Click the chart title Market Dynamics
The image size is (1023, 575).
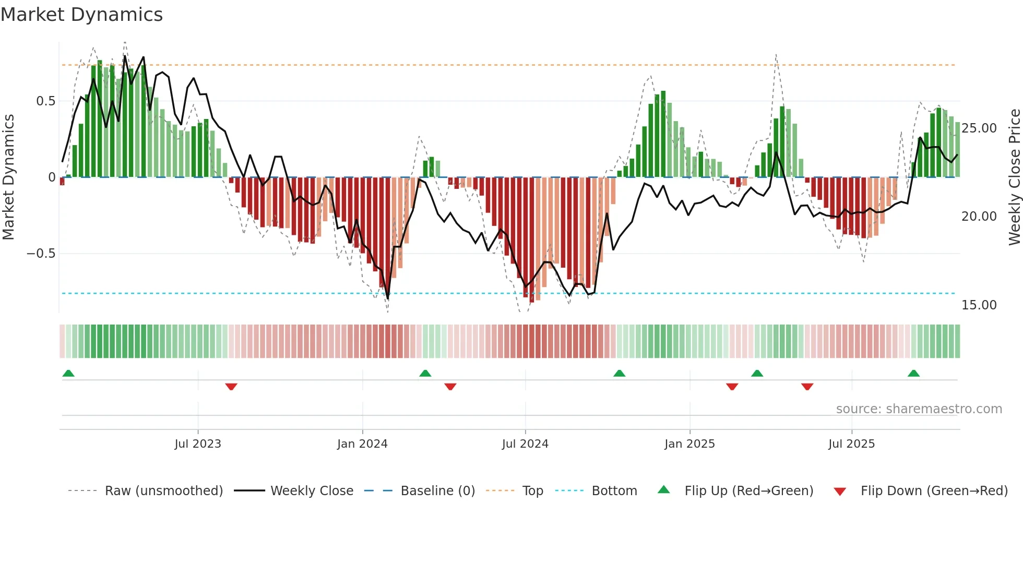tap(81, 15)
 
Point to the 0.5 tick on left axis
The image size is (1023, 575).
tap(45, 101)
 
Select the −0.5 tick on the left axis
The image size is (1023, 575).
tap(41, 254)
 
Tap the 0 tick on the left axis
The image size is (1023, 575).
tap(52, 177)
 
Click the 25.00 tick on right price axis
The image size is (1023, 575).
tap(979, 128)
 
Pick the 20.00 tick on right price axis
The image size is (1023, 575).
tap(979, 217)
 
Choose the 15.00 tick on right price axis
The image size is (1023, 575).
tap(979, 305)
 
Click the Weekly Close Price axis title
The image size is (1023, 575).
tap(1014, 177)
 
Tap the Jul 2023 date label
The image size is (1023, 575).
tap(198, 444)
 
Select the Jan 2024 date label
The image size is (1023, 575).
tap(362, 444)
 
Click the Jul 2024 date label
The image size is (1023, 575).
tap(525, 444)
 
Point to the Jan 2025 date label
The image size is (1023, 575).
tap(689, 444)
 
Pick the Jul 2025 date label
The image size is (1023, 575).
tap(851, 444)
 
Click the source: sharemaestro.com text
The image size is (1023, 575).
tap(919, 409)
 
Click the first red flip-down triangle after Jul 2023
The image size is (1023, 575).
tap(231, 387)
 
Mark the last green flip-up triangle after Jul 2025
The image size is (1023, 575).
tap(913, 373)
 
